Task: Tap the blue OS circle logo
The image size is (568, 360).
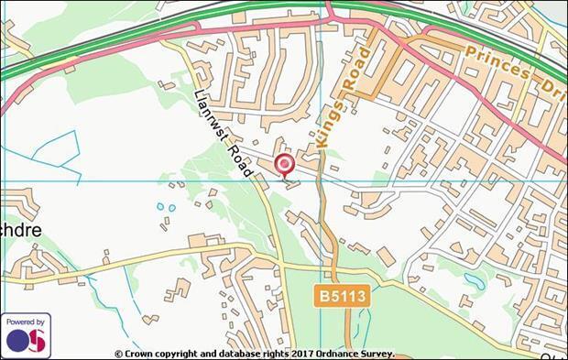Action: coord(19,341)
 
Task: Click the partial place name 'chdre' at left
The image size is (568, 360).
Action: coord(20,230)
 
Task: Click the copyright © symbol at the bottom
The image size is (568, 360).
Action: coord(118,354)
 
